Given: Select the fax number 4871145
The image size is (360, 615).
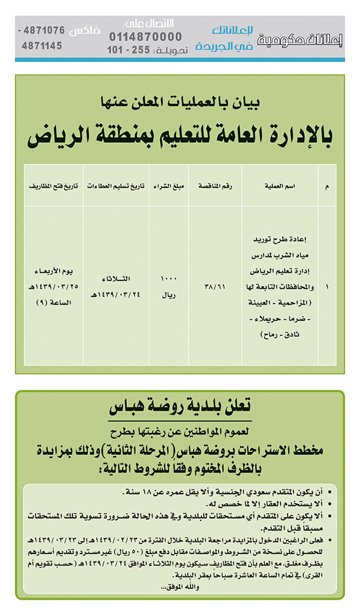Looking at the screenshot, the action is pyautogui.click(x=42, y=46).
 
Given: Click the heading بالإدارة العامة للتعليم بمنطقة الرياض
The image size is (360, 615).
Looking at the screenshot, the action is pyautogui.click(x=180, y=135).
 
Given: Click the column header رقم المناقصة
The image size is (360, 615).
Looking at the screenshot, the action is pyautogui.click(x=215, y=185).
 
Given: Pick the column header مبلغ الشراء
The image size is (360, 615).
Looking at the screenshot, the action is pyautogui.click(x=169, y=185).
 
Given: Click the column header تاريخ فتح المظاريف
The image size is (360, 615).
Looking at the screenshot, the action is pyautogui.click(x=54, y=185).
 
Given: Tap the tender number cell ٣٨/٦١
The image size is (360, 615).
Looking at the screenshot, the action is pyautogui.click(x=215, y=286).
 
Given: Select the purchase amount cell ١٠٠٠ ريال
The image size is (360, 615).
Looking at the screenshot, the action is pyautogui.click(x=169, y=286).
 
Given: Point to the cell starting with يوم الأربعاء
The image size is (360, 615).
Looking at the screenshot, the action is pyautogui.click(x=54, y=286).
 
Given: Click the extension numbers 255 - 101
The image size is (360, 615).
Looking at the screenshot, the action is pyautogui.click(x=131, y=50).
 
